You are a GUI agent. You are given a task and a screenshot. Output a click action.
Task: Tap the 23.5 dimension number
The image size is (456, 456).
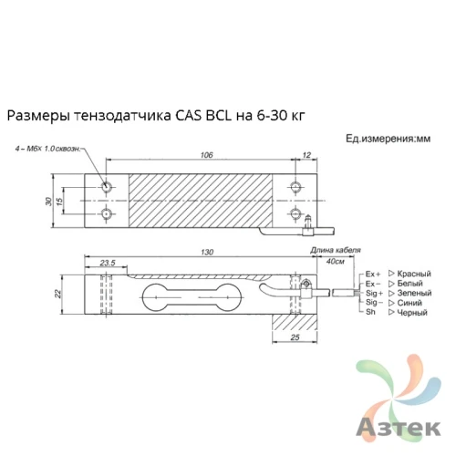coord(107,263)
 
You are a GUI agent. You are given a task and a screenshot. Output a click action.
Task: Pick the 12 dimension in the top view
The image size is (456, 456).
coord(306,156)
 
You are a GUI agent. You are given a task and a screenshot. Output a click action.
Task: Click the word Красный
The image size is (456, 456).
coord(415,274)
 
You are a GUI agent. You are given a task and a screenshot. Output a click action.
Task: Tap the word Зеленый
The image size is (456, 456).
coord(416,294)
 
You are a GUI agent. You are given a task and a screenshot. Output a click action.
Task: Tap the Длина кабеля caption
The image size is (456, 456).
coord(337,249)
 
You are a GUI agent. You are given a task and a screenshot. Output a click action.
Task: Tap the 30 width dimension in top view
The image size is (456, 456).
coord(48,200)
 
